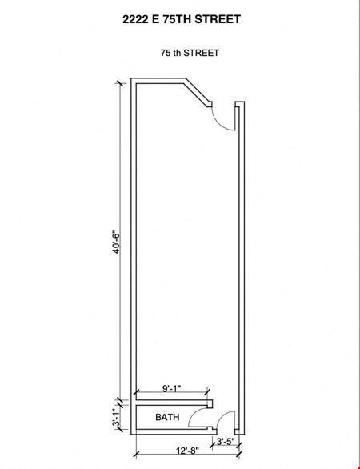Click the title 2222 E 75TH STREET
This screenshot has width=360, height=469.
[182, 19]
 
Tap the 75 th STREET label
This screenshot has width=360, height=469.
[190, 53]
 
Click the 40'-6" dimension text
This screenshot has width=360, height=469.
[116, 242]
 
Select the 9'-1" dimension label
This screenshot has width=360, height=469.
[172, 388]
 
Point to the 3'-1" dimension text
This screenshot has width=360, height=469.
[116, 418]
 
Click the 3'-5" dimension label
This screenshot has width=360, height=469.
[226, 442]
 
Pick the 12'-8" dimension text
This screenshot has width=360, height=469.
[187, 451]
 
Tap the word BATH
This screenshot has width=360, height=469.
[167, 417]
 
